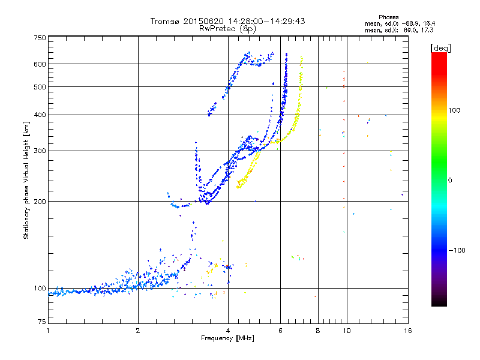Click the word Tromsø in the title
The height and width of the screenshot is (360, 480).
tap(165, 21)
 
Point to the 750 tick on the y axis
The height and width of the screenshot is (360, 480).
tap(40, 37)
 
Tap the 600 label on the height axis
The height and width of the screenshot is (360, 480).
tap(40, 64)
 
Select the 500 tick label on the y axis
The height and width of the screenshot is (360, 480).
tap(40, 87)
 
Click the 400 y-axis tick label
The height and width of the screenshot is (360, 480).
tap(40, 115)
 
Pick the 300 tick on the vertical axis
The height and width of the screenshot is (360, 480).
tap(40, 151)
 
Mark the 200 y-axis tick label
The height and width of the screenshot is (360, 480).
tap(40, 202)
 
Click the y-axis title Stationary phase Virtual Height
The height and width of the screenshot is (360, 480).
tap(26, 180)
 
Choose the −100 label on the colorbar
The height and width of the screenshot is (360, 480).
tap(458, 250)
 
